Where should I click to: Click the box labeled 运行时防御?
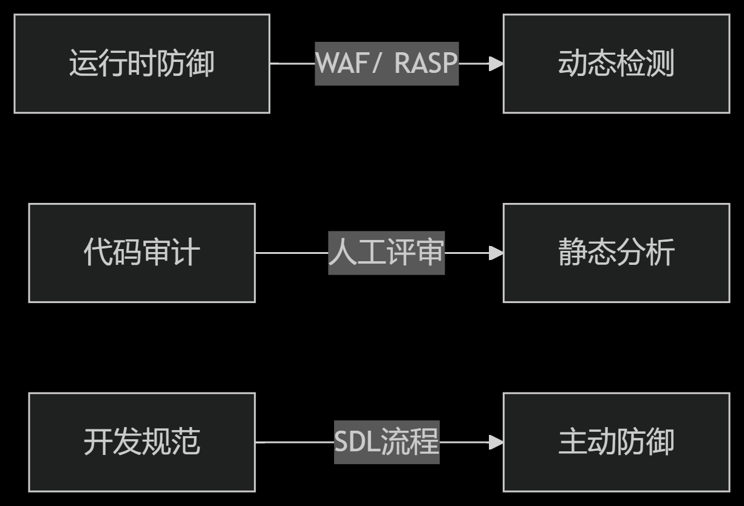click(142, 64)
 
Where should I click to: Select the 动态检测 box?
click(616, 64)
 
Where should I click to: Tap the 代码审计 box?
click(142, 253)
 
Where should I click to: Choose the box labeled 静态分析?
click(616, 253)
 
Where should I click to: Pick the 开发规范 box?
click(142, 442)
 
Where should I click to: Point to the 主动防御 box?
click(616, 442)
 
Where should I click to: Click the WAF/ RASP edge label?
click(386, 63)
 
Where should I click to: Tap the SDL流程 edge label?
click(386, 442)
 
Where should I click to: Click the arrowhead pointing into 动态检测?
click(496, 63)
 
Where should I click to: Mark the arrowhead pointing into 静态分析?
click(496, 253)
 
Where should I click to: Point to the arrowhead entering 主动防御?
click(496, 442)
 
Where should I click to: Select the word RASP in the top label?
click(425, 63)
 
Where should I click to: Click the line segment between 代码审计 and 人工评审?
click(292, 253)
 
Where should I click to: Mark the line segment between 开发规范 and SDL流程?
click(295, 442)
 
